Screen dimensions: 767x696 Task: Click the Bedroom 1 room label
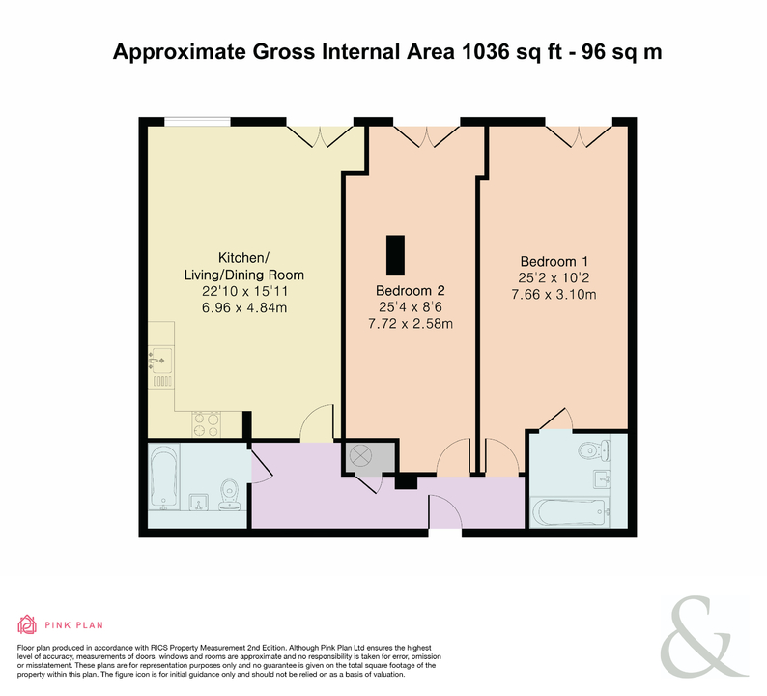[554, 261]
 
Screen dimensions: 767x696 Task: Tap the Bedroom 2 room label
[410, 291]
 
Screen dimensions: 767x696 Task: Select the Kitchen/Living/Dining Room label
[244, 266]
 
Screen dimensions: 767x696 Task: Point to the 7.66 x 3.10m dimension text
[554, 295]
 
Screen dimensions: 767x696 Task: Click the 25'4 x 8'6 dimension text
[411, 307]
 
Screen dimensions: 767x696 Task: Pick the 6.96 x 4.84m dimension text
[244, 307]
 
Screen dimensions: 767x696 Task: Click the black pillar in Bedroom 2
[395, 255]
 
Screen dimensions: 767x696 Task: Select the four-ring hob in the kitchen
[206, 424]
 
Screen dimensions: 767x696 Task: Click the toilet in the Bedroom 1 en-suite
[593, 449]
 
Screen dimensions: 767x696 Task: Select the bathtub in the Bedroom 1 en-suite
[570, 512]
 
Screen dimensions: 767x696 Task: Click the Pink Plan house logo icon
[27, 624]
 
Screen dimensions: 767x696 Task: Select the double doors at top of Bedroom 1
[580, 136]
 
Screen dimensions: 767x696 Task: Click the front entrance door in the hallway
[445, 510]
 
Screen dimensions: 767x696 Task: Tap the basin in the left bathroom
[200, 503]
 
